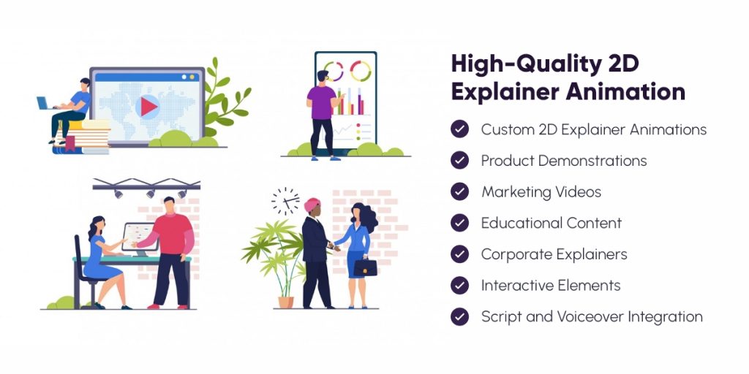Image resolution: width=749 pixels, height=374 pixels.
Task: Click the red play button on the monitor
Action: click(149, 107)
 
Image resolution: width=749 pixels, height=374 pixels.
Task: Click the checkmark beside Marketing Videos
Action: click(459, 192)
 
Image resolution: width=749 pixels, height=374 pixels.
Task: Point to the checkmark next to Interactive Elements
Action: click(459, 286)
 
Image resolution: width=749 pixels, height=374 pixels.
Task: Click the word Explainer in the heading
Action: click(497, 93)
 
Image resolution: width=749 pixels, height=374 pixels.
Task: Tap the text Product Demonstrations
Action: click(563, 161)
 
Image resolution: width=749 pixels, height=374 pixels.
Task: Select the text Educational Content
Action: click(551, 224)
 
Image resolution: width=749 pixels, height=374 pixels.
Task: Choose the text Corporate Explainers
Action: click(554, 255)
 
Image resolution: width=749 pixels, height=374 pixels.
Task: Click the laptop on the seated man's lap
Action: click(45, 104)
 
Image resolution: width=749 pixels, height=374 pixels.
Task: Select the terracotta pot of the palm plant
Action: click(285, 300)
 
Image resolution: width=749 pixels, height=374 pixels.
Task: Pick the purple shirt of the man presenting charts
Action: click(321, 102)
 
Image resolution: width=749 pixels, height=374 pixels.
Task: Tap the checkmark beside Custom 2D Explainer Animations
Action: click(459, 129)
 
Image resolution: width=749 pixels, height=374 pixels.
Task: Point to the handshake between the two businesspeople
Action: click(334, 247)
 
